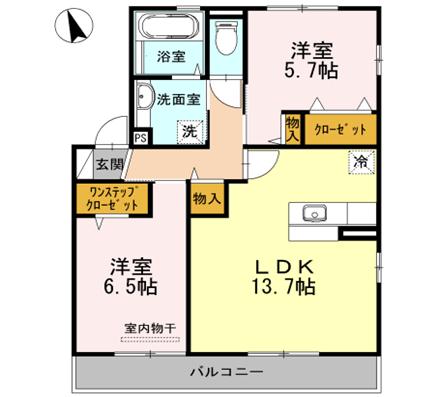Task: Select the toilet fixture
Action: tap(228, 39)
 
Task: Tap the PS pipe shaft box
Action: tap(140, 139)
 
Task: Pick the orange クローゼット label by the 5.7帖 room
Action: tap(339, 129)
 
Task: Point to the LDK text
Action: tap(283, 267)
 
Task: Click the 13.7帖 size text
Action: tap(283, 289)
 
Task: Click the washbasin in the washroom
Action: tap(145, 98)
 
